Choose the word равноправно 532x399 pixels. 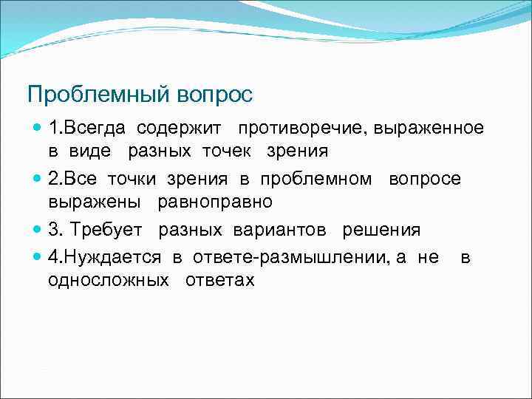(214, 202)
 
